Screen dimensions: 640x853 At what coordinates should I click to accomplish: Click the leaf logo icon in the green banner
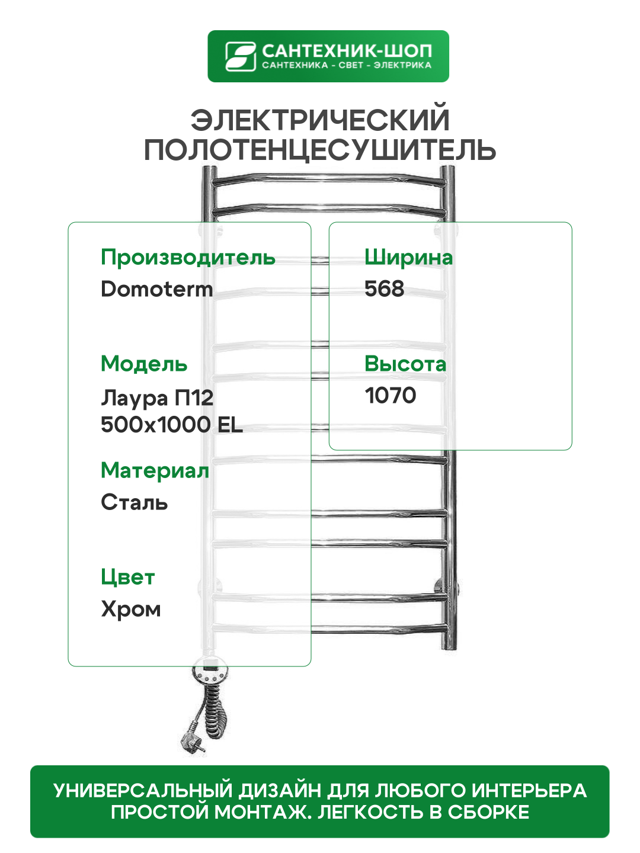tap(240, 56)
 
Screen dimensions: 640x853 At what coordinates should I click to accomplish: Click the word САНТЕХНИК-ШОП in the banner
tap(347, 50)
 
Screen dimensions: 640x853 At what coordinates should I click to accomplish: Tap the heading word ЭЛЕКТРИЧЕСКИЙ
tap(320, 120)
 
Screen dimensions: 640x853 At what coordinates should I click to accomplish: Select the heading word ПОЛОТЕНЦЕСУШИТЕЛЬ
tap(320, 150)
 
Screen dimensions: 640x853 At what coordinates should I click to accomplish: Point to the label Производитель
tap(188, 258)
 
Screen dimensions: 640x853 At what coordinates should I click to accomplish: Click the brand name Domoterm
tap(157, 289)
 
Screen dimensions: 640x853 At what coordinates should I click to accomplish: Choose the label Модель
tap(144, 364)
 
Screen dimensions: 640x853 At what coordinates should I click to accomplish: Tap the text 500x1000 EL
tap(172, 425)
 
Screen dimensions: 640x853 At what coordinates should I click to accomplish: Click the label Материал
tap(155, 470)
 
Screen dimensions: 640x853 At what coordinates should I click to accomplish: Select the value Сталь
tap(135, 502)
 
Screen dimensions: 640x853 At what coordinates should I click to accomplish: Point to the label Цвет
tap(128, 577)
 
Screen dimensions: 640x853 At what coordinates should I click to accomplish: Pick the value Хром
tap(131, 609)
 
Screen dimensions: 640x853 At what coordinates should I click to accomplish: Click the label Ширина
tap(408, 258)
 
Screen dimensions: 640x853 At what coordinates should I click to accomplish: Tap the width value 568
tap(385, 289)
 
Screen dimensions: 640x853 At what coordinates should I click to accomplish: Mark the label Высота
tap(405, 364)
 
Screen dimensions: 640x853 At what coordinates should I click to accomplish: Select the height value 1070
tap(391, 396)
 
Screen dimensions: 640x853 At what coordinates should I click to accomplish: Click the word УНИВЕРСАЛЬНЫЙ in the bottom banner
tap(143, 791)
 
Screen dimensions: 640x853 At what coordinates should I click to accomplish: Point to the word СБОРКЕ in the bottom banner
tap(488, 812)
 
